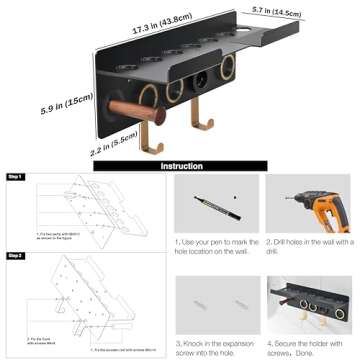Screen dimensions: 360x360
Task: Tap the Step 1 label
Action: click(14, 177)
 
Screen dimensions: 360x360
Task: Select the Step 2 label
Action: click(14, 256)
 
